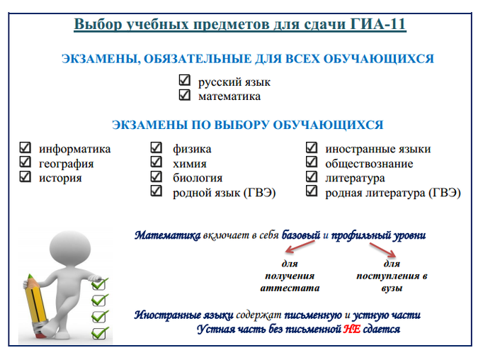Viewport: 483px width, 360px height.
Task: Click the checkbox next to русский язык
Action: click(185, 80)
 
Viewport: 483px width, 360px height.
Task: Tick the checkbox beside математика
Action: click(185, 95)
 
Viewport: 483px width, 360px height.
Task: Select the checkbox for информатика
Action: click(25, 147)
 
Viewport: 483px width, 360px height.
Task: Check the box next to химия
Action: click(157, 162)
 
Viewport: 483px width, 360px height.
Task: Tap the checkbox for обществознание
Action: click(312, 162)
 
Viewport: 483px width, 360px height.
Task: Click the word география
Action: click(67, 164)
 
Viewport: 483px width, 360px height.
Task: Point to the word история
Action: click(60, 178)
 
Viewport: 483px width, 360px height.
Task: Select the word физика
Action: click(192, 149)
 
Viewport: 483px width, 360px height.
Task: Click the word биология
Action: click(198, 178)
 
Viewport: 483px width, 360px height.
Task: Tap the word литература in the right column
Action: click(355, 178)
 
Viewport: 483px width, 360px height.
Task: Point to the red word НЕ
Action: click(352, 330)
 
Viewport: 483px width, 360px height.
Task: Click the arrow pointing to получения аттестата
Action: click(300, 247)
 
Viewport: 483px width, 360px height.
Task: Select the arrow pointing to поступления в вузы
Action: click(383, 249)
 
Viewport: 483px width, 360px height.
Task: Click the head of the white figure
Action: click(70, 247)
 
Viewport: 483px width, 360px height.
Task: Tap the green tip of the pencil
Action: click(30, 276)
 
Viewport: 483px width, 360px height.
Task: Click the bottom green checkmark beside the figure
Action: click(100, 333)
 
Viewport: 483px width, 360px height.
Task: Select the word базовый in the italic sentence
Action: click(301, 235)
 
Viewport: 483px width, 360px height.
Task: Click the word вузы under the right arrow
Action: click(392, 288)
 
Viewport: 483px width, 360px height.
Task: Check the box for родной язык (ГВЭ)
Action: click(157, 191)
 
